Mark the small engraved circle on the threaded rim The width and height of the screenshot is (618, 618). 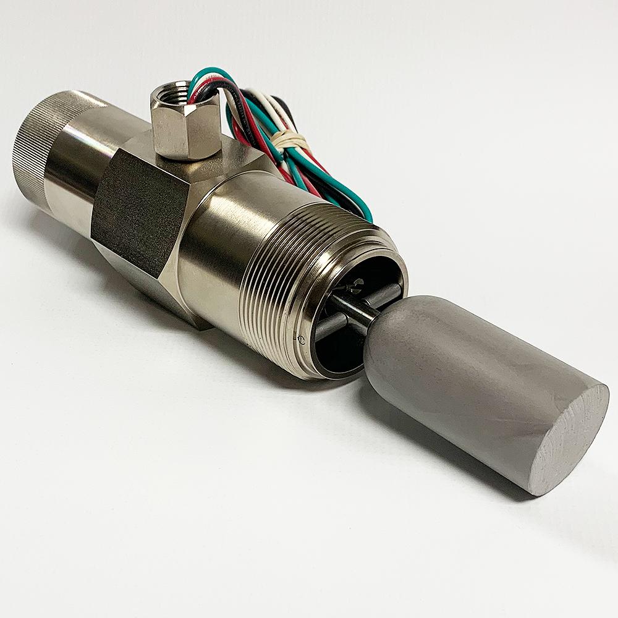pos(301,339)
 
